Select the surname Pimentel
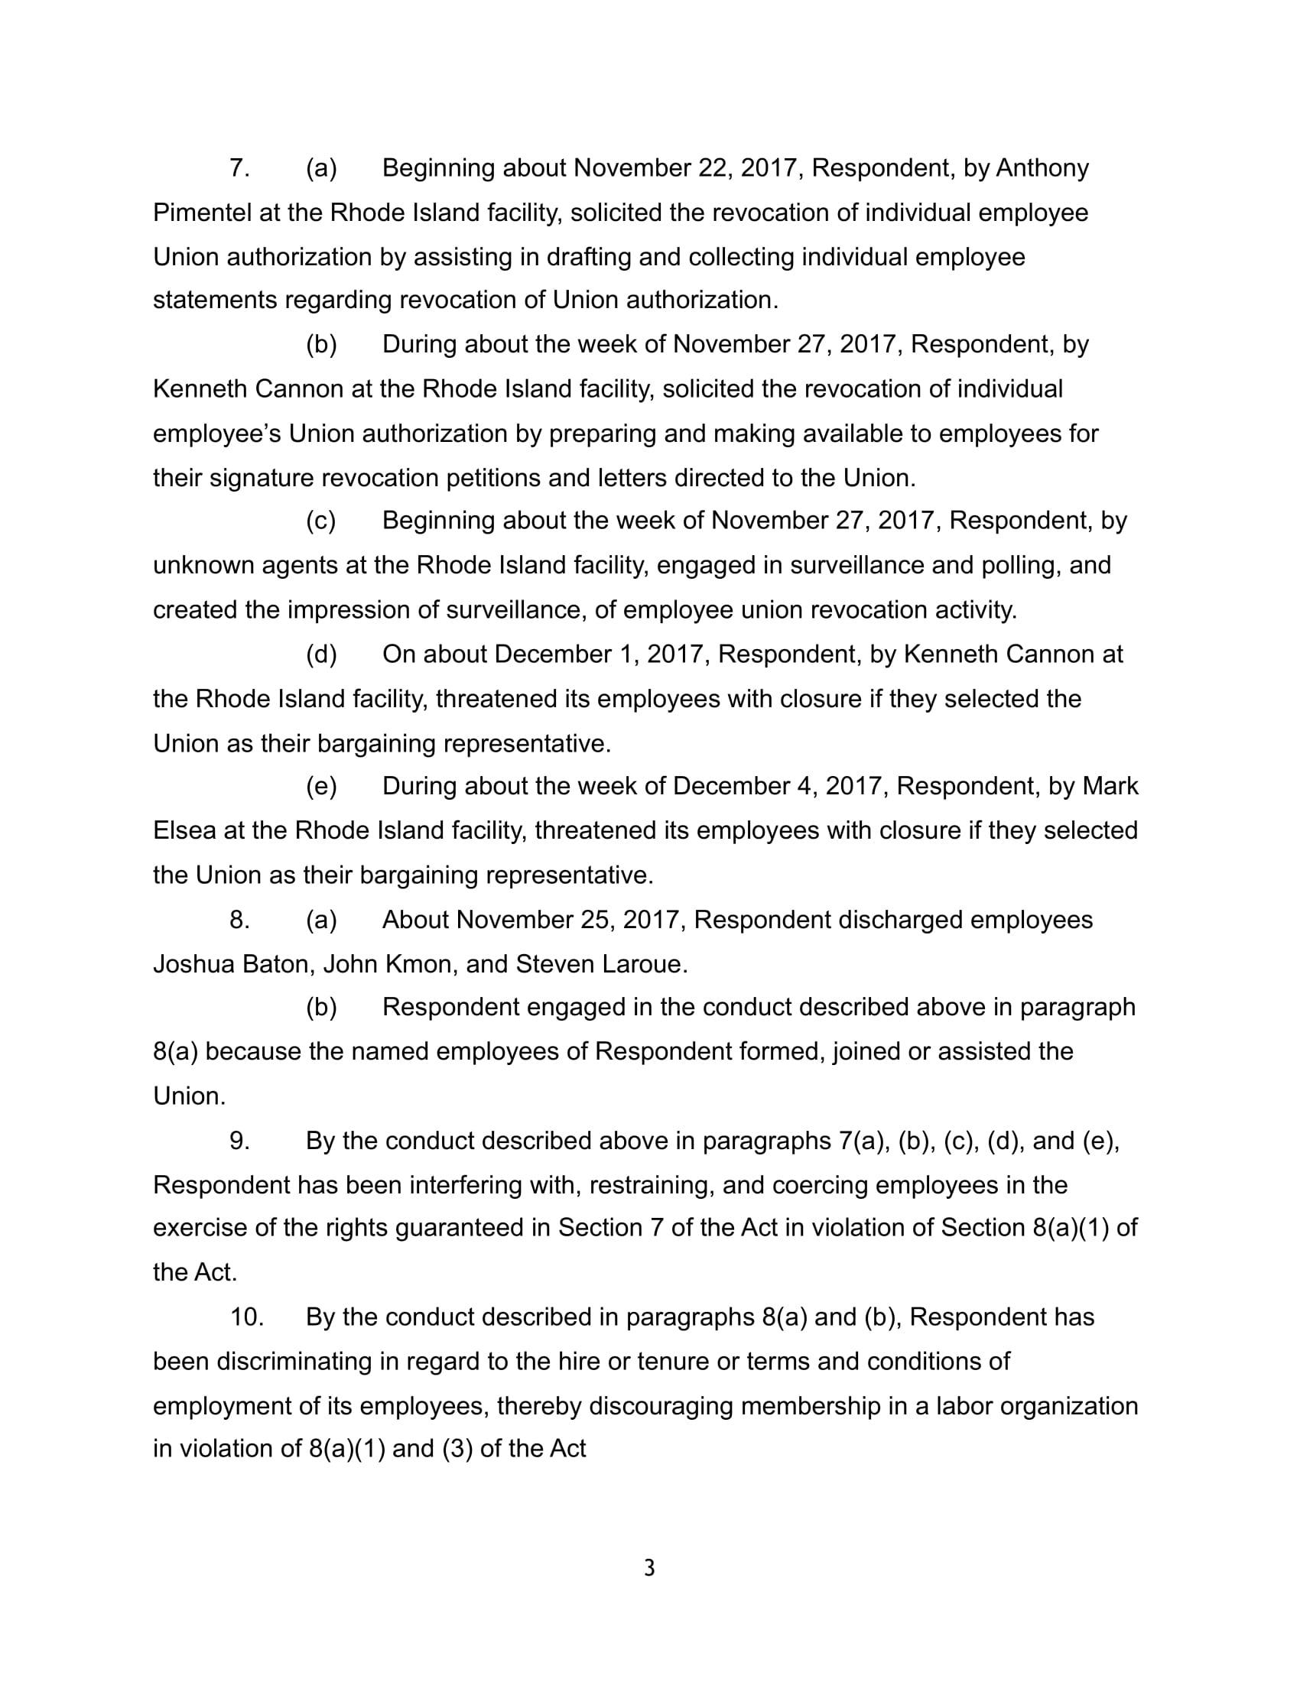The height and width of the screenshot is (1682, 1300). (x=203, y=213)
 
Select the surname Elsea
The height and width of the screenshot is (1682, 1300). (x=185, y=831)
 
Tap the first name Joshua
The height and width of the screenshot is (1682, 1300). (x=193, y=964)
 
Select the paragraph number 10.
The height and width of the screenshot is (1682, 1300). (x=246, y=1317)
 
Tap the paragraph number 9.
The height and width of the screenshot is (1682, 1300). (x=239, y=1141)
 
